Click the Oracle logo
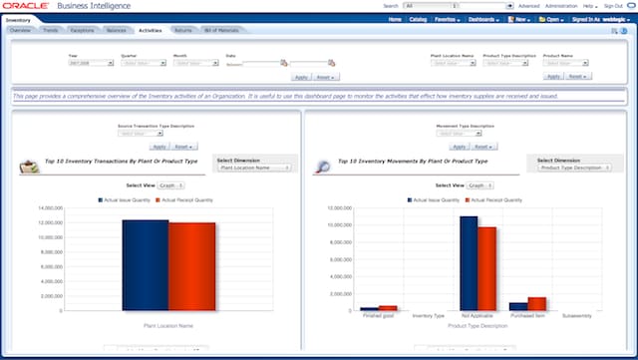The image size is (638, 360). point(27,6)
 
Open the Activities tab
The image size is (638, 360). point(150,31)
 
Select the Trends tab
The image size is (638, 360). point(50,31)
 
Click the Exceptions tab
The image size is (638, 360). point(83,31)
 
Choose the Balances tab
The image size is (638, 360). point(116,31)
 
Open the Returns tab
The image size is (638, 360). point(182,31)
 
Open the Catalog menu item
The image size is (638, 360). point(418,19)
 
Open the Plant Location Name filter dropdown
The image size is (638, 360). point(453,63)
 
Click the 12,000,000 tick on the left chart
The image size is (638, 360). point(50,207)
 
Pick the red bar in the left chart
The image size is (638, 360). point(190,264)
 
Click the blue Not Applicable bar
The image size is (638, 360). point(469,262)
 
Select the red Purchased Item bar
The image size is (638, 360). point(536,303)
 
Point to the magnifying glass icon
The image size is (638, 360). point(321,168)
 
